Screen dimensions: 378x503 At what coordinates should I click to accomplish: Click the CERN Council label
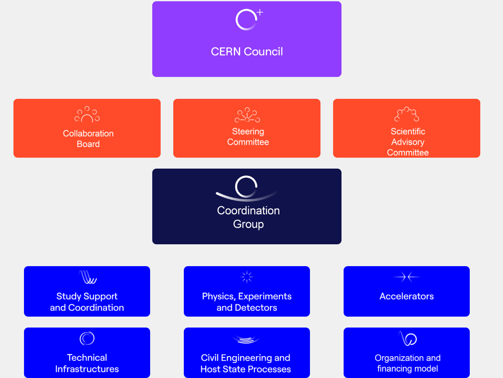[x=247, y=52]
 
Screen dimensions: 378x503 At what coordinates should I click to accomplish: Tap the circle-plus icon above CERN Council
[x=247, y=19]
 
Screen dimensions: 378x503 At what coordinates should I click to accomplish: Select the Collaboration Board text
[x=88, y=139]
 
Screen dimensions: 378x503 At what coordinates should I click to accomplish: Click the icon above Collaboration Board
[x=87, y=114]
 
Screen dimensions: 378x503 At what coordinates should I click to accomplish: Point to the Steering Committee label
[x=248, y=137]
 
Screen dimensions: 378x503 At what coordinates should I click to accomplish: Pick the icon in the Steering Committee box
[x=247, y=115]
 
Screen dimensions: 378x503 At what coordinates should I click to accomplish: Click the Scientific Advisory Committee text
[x=408, y=142]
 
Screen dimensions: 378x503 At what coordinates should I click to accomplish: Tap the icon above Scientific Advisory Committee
[x=407, y=114]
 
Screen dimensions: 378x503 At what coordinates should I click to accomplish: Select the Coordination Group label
[x=248, y=217]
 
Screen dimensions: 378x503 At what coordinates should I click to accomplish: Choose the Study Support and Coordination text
[x=87, y=302]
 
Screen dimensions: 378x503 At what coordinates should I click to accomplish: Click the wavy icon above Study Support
[x=87, y=277]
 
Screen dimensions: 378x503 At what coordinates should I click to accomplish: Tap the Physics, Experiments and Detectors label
[x=247, y=302]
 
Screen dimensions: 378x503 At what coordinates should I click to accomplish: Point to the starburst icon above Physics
[x=246, y=277]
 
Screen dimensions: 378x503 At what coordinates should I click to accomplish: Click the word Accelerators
[x=407, y=296]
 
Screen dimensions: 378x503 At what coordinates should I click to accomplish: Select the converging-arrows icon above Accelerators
[x=407, y=277]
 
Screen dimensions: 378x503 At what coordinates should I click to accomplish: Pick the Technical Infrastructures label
[x=87, y=363]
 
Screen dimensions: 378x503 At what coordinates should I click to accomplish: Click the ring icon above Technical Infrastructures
[x=87, y=338]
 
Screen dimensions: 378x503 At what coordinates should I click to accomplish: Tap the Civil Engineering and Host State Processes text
[x=246, y=363]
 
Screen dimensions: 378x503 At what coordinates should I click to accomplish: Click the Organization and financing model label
[x=408, y=363]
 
